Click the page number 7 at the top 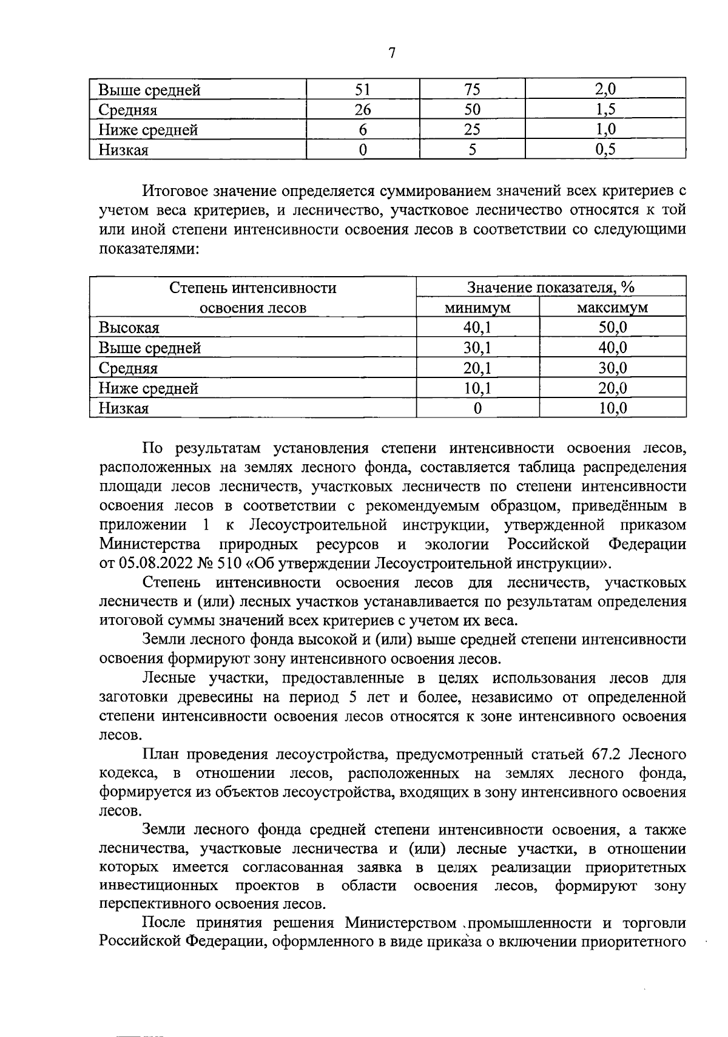coord(391,53)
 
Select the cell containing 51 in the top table coord(362,90)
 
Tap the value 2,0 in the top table coord(605,90)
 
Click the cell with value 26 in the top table coord(362,110)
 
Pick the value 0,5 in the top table coord(605,150)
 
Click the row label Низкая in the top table coord(124,150)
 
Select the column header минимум coord(477,308)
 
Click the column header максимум coord(612,308)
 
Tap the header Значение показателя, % coord(551,288)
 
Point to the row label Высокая coord(129,328)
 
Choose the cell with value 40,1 coord(477,328)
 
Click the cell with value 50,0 coord(612,328)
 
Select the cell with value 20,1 coord(477,368)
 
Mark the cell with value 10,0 coord(612,408)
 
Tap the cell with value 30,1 coord(477,348)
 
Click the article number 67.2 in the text coord(607,754)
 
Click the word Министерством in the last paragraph coord(400,923)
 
